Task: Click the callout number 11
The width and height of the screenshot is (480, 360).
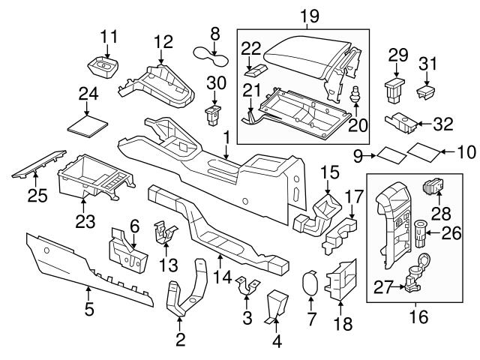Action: pyautogui.click(x=109, y=36)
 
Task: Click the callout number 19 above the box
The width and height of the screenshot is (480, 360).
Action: pyautogui.click(x=304, y=14)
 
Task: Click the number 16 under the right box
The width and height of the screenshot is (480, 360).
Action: pyautogui.click(x=418, y=317)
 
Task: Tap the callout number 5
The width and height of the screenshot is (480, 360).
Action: pyautogui.click(x=88, y=308)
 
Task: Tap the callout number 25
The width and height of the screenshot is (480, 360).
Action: pyautogui.click(x=37, y=196)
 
